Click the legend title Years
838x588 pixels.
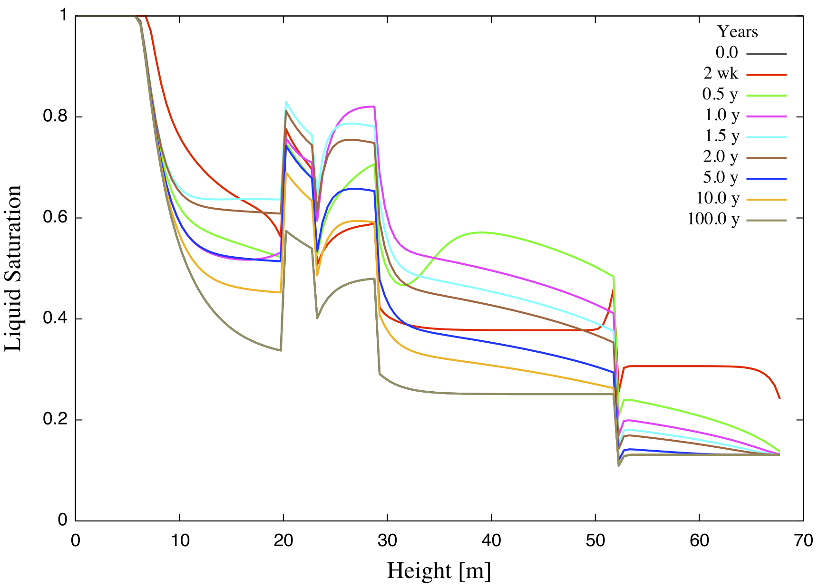pos(737,32)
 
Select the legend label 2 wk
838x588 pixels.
pos(721,74)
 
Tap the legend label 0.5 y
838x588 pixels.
pos(720,95)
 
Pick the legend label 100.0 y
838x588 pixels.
pos(713,219)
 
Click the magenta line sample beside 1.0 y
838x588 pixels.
pos(766,116)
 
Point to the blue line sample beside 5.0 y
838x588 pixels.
pos(766,179)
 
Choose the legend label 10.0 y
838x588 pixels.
pos(718,198)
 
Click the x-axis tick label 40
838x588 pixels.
pos(491,540)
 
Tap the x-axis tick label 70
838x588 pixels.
pos(803,540)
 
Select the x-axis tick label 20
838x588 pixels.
pos(283,540)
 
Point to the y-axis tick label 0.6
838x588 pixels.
pos(56,218)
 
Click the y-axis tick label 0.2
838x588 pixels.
pos(56,420)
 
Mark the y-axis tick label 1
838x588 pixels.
pos(63,16)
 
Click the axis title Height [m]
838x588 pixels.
pos(438,570)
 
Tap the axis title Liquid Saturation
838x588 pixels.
pos(13,269)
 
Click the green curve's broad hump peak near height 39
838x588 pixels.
pos(481,232)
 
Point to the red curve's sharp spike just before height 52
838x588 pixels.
pos(613,289)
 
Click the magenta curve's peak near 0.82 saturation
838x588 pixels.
pos(372,106)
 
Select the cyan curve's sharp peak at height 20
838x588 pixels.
pos(286,101)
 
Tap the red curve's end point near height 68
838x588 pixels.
pos(780,398)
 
